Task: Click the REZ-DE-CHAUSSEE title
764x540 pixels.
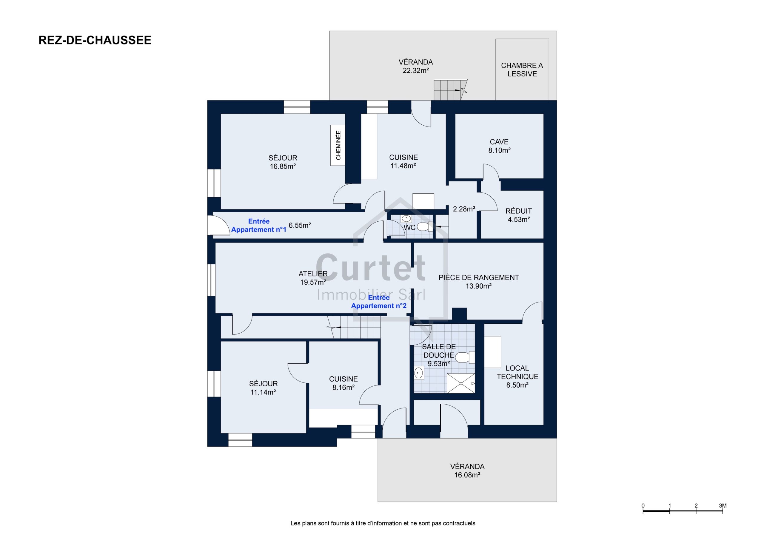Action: point(95,40)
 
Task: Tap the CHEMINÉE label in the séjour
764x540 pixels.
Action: point(338,145)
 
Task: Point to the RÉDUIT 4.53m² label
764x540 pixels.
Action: point(518,215)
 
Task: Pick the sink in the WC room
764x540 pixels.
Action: point(406,219)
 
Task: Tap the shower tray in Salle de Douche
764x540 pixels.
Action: point(461,383)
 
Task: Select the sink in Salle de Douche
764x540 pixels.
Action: point(419,373)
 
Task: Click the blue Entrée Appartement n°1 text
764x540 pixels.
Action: point(258,225)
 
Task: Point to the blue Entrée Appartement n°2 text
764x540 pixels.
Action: point(379,301)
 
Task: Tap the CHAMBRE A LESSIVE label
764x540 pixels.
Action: point(522,70)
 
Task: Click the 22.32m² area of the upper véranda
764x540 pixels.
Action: point(416,70)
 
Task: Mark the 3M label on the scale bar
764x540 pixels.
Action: point(723,505)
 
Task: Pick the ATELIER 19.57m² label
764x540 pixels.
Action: point(313,278)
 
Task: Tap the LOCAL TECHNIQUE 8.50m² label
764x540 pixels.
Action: point(517,376)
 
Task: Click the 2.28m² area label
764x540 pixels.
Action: point(464,209)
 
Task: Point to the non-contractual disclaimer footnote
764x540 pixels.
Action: point(383,523)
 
